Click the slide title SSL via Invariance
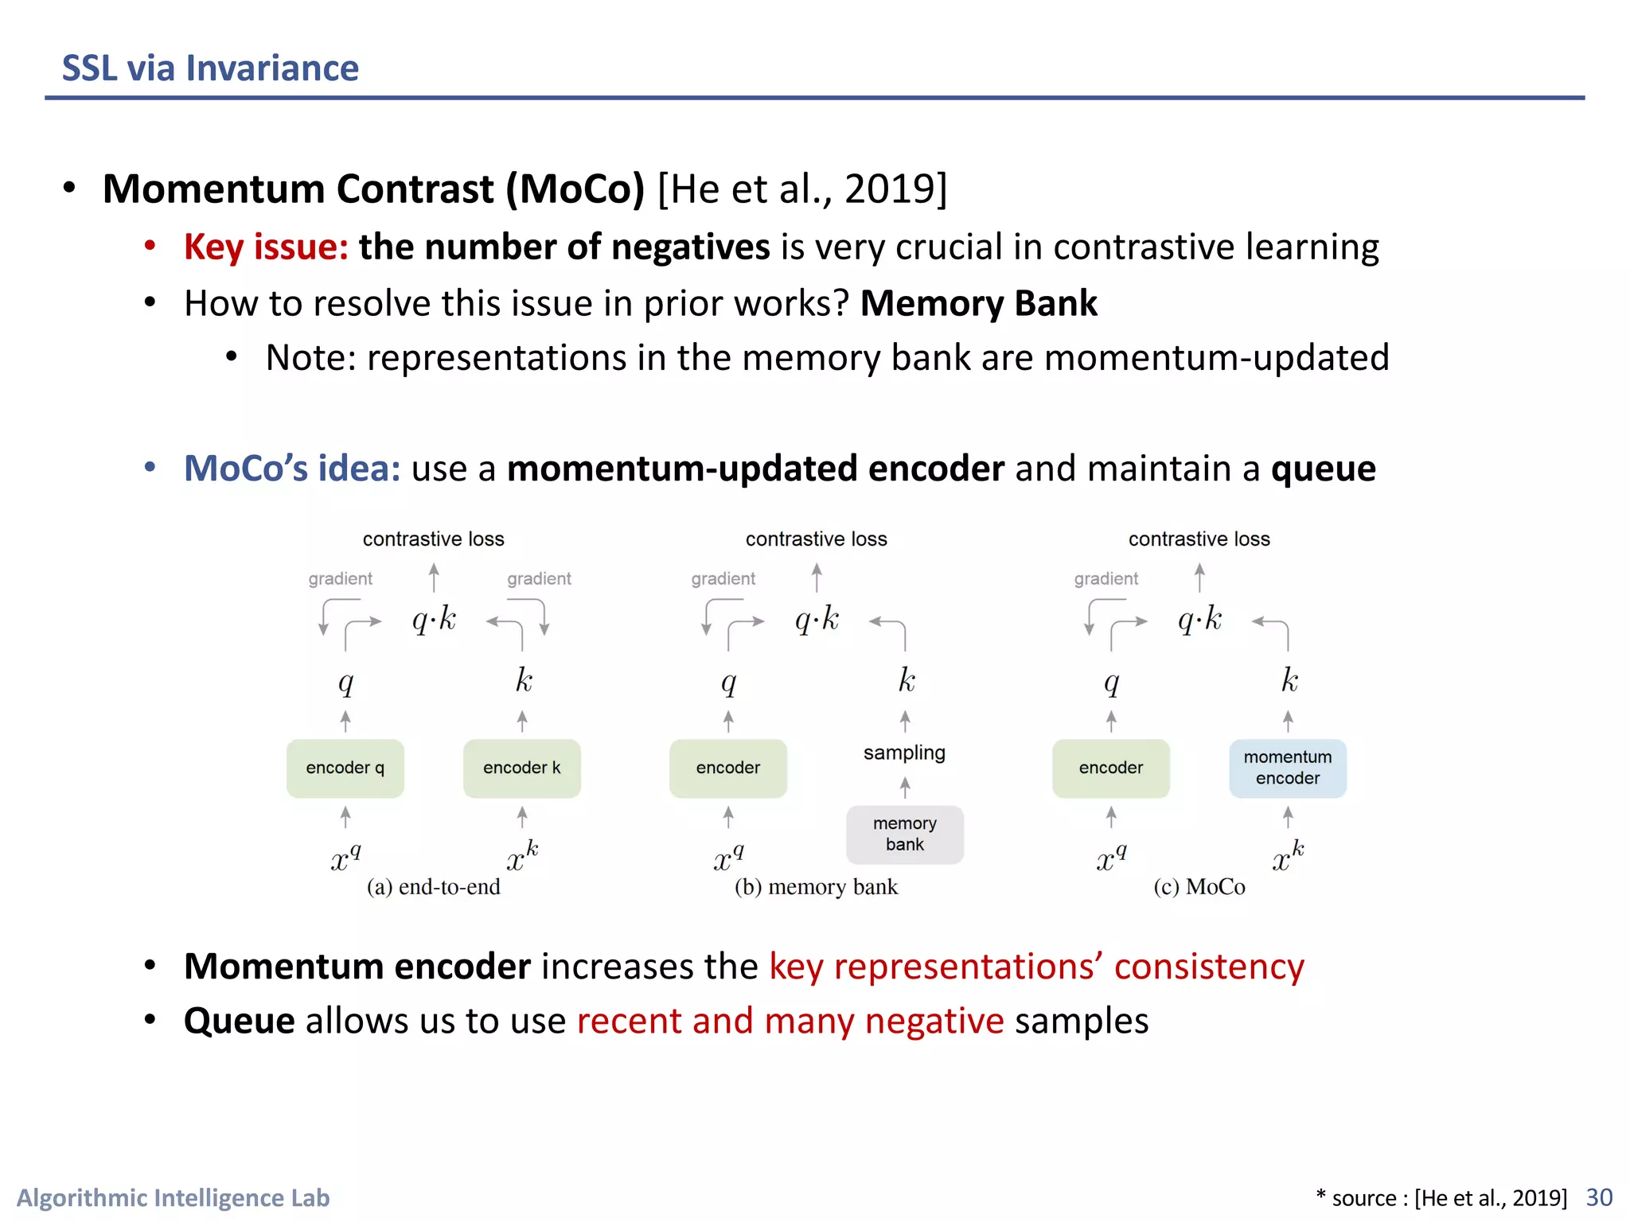[x=210, y=68]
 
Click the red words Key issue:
[x=266, y=247]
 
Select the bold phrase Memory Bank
[x=978, y=303]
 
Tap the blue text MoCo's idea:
[x=292, y=468]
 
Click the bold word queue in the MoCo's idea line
[x=1323, y=469]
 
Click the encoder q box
[x=345, y=768]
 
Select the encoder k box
[x=521, y=768]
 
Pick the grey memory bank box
[x=904, y=834]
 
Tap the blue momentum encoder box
[x=1287, y=768]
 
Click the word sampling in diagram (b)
[x=904, y=752]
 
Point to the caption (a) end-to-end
[x=433, y=886]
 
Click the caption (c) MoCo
[x=1199, y=886]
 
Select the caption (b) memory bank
[x=816, y=886]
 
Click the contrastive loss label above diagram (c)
[x=1199, y=539]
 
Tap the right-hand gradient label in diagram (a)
[x=539, y=578]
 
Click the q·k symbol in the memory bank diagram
[x=817, y=619]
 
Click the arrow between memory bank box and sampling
[x=905, y=788]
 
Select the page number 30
[x=1599, y=1197]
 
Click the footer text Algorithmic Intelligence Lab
[x=173, y=1197]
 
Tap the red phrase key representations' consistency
[x=1036, y=966]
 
